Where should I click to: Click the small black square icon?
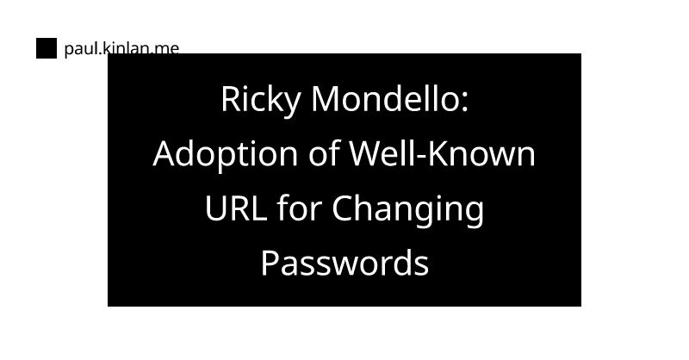point(47,48)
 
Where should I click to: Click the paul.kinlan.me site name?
point(121,48)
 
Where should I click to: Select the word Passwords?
point(344,264)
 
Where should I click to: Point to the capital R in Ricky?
point(230,100)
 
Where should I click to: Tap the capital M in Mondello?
point(325,100)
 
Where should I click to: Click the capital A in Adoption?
point(164,155)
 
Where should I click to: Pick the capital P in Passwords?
point(270,264)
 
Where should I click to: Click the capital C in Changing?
point(342,209)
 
